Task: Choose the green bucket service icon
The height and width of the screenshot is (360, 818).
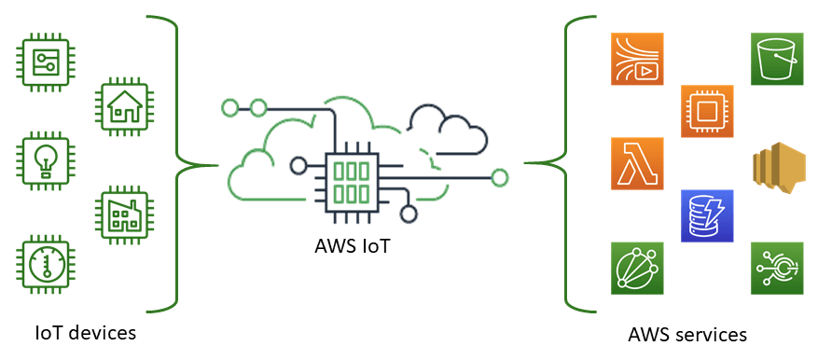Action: tap(777, 60)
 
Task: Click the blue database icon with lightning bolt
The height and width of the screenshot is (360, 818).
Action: tap(706, 216)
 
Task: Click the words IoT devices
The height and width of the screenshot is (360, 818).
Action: tap(85, 332)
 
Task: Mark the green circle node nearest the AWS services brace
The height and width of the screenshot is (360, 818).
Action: tap(500, 175)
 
